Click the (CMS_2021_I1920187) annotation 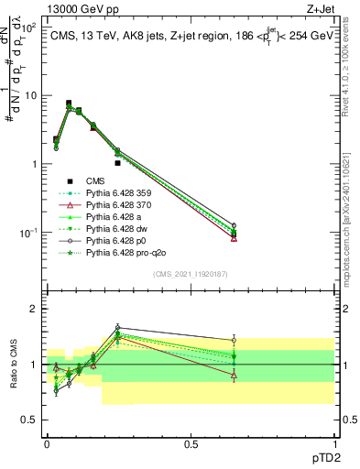(x=191, y=272)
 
